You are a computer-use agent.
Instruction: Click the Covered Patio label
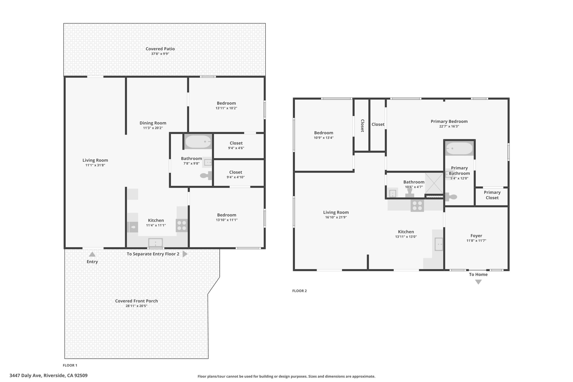click(x=160, y=49)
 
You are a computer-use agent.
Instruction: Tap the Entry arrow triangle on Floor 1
click(x=92, y=254)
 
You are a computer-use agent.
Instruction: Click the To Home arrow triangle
click(x=478, y=282)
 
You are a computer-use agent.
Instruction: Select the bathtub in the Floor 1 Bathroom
click(x=198, y=142)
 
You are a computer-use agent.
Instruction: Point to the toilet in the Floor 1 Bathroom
click(x=206, y=175)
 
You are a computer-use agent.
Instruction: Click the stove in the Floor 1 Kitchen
click(x=182, y=226)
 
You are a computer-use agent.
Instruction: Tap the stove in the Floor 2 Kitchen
click(x=417, y=206)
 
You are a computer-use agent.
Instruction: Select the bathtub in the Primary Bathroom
click(x=459, y=148)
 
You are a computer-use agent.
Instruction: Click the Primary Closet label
click(x=492, y=195)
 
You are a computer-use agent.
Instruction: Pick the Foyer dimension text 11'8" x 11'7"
click(x=476, y=241)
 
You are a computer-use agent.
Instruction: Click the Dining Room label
click(x=153, y=123)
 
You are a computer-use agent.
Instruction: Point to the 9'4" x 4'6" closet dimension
click(x=236, y=148)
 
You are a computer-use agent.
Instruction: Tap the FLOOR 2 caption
click(x=299, y=291)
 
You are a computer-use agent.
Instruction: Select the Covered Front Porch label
click(x=137, y=301)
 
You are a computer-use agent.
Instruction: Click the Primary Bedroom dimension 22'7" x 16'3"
click(x=449, y=126)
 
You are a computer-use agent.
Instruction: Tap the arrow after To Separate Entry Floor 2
click(x=185, y=254)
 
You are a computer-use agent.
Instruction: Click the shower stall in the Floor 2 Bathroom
click(x=434, y=183)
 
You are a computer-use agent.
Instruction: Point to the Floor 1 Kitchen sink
click(x=155, y=242)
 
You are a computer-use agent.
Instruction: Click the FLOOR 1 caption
click(x=70, y=365)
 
